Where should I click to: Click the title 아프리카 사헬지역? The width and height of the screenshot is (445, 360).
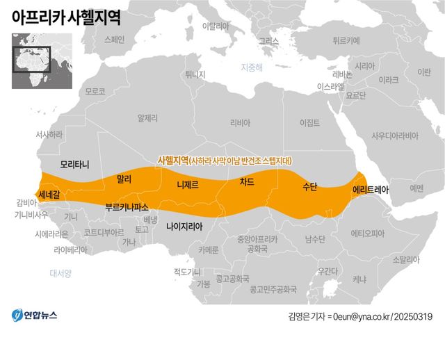coord(66,19)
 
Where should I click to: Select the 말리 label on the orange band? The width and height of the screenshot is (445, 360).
coord(124,179)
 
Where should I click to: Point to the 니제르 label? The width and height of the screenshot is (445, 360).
coord(188,185)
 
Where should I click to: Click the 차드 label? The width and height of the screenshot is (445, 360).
coord(247,182)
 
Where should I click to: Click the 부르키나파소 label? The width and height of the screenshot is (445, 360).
coord(127,206)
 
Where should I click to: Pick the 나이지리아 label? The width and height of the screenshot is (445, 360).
coord(184,225)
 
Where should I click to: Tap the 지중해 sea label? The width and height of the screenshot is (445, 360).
coord(252,67)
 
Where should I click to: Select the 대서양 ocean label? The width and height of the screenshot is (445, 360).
coord(60,272)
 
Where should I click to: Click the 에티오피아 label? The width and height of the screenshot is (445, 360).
coord(368,233)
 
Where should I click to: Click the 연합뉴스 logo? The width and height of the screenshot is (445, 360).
coord(35,316)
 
